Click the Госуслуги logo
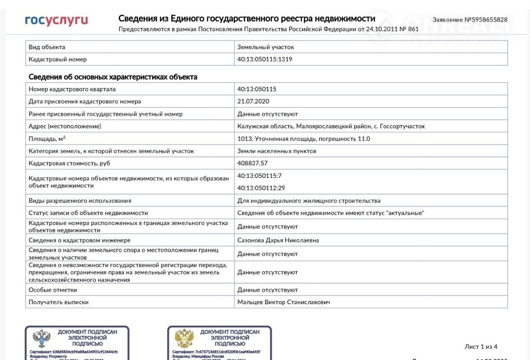[x=56, y=20]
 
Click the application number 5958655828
[x=470, y=20]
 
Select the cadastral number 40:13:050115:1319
[x=265, y=59]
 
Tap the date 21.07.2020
[x=253, y=101]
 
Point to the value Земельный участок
[x=265, y=47]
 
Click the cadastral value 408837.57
[x=252, y=163]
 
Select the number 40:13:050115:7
[x=260, y=175]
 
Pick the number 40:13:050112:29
[x=261, y=188]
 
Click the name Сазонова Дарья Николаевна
[x=278, y=240]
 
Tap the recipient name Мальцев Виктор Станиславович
[x=283, y=302]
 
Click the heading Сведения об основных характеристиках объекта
[x=113, y=77]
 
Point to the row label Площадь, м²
[x=47, y=138]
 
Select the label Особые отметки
[x=53, y=290]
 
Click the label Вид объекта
[x=47, y=47]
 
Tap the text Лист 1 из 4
[x=481, y=347]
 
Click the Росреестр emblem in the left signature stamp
[x=41, y=338]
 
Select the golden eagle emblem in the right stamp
[x=184, y=338]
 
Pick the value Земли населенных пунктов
[x=277, y=151]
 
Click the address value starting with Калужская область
[x=331, y=126]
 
